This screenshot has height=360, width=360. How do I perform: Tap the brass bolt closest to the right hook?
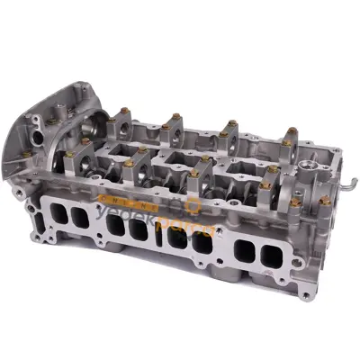coord(324,200)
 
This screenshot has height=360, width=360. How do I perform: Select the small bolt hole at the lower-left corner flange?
coord(33,211)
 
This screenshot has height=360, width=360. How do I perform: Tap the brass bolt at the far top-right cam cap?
coord(292,131)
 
